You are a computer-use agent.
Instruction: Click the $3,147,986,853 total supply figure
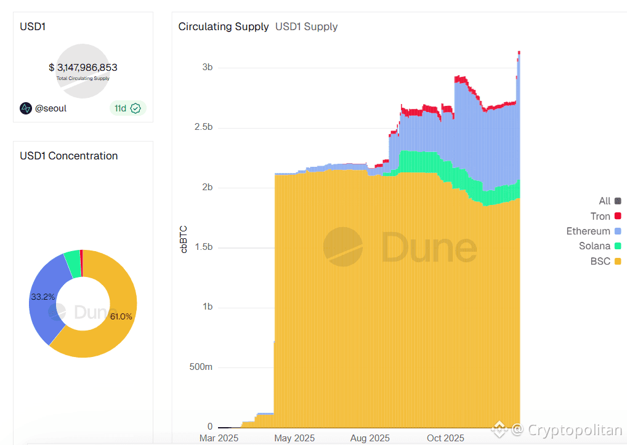point(83,68)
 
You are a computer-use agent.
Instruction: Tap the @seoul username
point(51,108)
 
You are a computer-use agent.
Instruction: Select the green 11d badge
point(127,108)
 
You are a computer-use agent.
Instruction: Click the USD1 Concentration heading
point(68,156)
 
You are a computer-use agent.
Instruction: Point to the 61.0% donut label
point(121,316)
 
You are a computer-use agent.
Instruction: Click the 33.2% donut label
point(42,297)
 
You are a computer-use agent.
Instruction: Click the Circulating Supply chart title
point(224,26)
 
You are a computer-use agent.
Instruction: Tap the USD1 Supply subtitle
point(306,26)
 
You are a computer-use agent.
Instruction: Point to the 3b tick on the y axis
point(207,67)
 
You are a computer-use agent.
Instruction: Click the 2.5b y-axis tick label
point(203,127)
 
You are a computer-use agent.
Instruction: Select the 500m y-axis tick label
point(201,367)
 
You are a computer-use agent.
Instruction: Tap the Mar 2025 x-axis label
point(219,438)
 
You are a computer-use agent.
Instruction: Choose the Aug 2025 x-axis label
point(370,438)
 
